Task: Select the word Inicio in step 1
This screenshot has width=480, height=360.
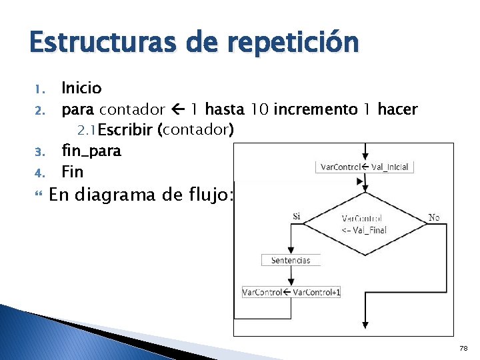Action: tap(81, 88)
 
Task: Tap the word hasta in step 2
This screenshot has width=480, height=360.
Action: tap(226, 109)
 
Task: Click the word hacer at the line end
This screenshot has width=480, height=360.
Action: tap(397, 109)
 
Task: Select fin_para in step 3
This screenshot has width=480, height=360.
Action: tap(91, 151)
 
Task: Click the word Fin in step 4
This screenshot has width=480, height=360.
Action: tap(72, 172)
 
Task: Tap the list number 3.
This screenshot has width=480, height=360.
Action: tap(38, 152)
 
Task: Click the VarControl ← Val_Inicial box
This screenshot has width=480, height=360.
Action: tap(365, 167)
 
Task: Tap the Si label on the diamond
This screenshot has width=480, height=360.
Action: tap(296, 217)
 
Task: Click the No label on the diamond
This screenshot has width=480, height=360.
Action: tap(434, 217)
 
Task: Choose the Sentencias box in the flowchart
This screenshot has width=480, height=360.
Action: tap(291, 260)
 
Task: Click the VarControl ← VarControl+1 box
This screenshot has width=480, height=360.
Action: tap(291, 292)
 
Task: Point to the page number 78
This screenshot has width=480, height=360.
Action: tap(464, 348)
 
